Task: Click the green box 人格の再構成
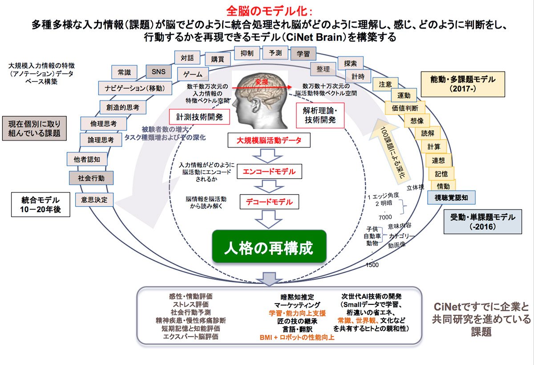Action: click(269, 246)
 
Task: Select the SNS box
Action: click(158, 72)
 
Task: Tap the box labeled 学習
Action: click(303, 53)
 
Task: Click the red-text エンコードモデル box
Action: click(269, 172)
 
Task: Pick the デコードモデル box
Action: click(269, 202)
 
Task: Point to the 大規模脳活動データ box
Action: click(269, 140)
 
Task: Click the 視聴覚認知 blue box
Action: click(451, 197)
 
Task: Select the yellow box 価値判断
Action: click(405, 108)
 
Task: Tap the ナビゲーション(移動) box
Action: click(135, 88)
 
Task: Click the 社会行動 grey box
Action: click(91, 178)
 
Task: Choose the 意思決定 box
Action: click(94, 200)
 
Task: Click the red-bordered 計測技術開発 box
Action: click(199, 117)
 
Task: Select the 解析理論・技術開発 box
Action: click(320, 115)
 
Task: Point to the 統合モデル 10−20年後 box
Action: click(40, 205)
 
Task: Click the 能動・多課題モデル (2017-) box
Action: click(463, 84)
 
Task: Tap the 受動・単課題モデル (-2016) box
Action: click(482, 222)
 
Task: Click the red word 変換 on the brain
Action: click(262, 82)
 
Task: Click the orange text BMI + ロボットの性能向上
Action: click(297, 337)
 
